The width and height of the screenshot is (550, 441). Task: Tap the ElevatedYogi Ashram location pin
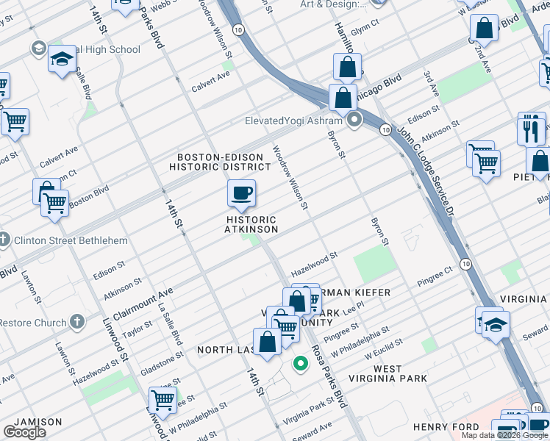coord(354,120)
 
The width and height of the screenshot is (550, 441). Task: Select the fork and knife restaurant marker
coord(532,129)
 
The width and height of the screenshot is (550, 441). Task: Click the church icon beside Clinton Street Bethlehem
coord(5,240)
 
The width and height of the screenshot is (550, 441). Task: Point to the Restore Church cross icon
coord(77,322)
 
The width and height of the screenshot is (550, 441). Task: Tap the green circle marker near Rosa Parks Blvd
coord(300,362)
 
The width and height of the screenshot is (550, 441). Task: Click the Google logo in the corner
coord(24,432)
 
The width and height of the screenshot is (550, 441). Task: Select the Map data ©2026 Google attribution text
coord(504,435)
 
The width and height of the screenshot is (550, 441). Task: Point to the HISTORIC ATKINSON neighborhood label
coord(251,224)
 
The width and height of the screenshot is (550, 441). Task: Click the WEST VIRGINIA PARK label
coord(399,373)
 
